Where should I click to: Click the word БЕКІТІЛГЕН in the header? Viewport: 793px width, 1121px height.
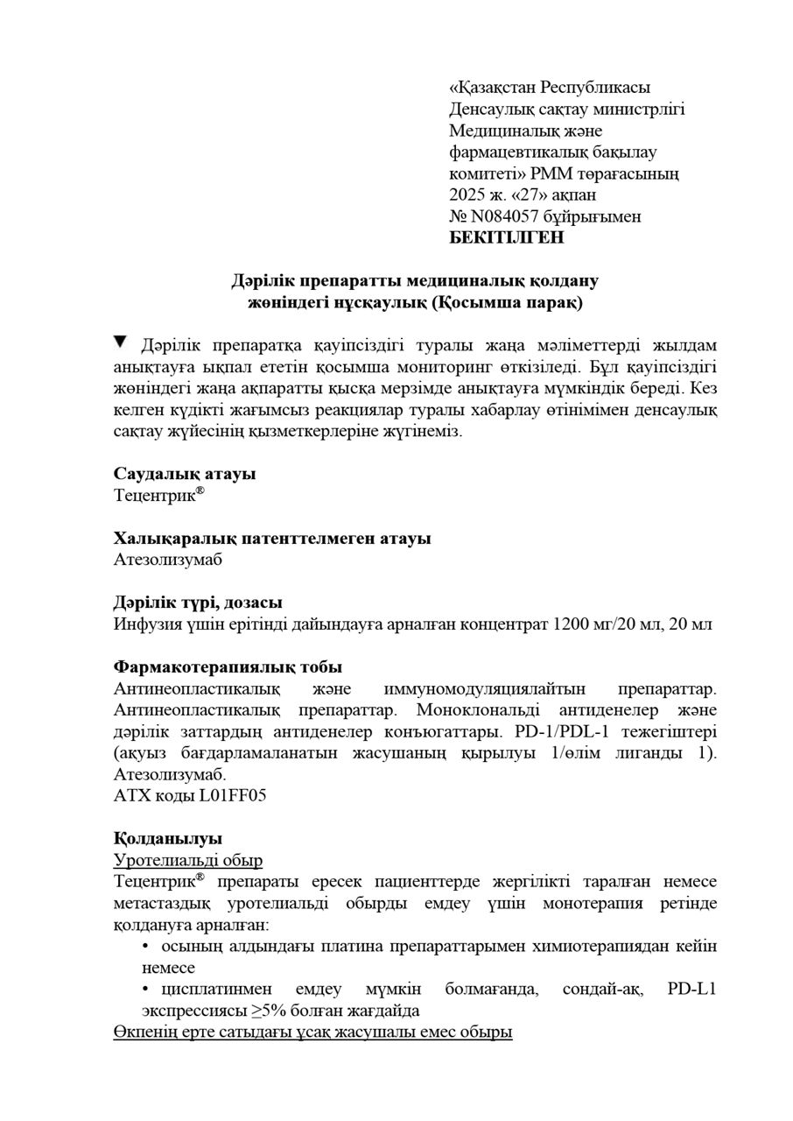pos(507,237)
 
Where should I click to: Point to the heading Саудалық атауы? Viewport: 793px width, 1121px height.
pos(185,473)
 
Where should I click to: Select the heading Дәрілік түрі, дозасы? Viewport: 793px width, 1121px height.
pos(198,603)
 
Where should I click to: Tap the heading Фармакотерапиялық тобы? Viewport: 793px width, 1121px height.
pos(228,667)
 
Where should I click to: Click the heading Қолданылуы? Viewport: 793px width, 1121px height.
pos(168,838)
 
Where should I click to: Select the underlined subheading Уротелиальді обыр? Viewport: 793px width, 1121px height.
pos(188,861)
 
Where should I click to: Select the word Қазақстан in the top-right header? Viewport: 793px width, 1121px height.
pos(493,88)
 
